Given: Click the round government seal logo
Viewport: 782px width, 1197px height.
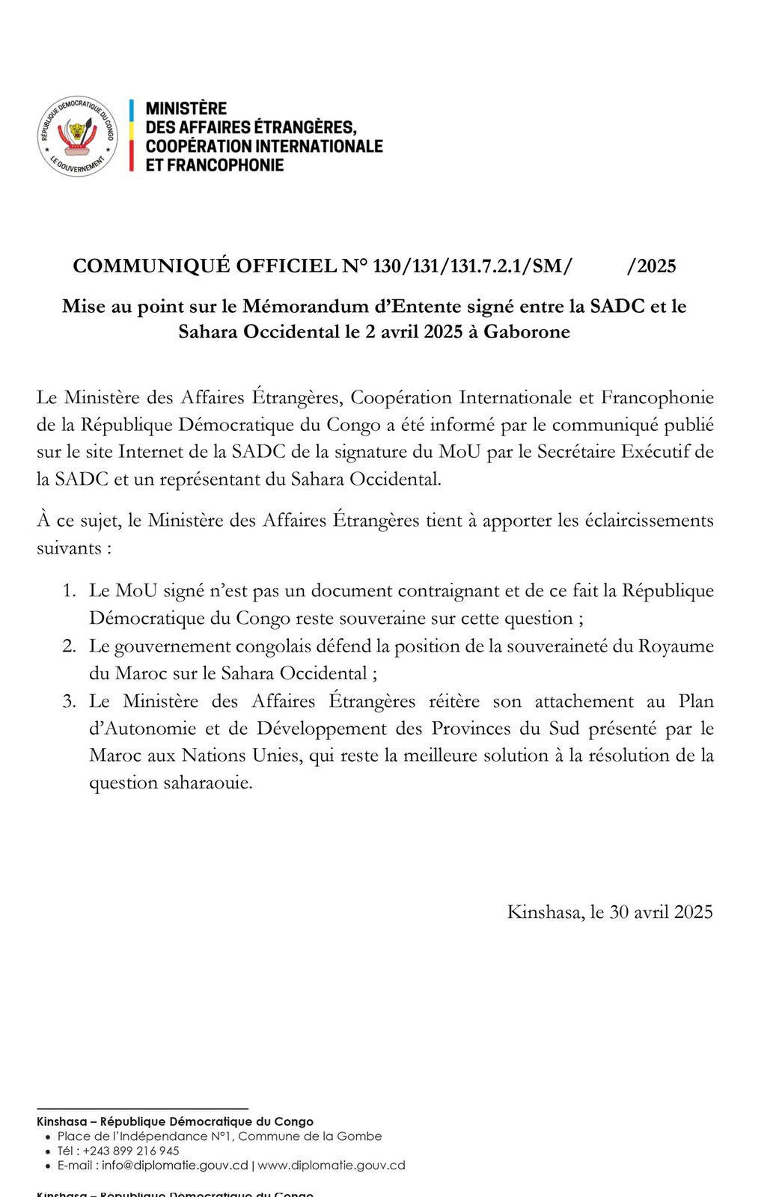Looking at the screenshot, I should (x=78, y=136).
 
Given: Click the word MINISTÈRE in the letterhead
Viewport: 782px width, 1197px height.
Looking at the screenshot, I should (x=186, y=108).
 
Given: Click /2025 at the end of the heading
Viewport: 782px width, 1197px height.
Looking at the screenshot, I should (x=651, y=266).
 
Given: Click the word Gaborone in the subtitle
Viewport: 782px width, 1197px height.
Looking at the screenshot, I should (x=527, y=331).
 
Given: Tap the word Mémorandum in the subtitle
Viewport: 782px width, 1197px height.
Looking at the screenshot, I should (x=293, y=306).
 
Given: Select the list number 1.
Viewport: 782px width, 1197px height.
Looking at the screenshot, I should (x=69, y=591).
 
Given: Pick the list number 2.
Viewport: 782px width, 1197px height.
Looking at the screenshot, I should (x=69, y=646).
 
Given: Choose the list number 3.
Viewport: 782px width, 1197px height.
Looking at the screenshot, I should (x=69, y=702).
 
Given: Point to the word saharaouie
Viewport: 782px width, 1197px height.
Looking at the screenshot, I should (x=208, y=783).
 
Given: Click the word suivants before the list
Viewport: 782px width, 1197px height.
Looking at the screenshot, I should (x=70, y=548).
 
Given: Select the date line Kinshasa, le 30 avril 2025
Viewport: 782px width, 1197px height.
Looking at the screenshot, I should (x=610, y=912).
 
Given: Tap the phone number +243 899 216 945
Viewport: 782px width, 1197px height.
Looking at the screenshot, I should (x=131, y=1151).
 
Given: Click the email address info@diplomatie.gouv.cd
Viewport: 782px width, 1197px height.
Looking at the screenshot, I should (x=175, y=1165).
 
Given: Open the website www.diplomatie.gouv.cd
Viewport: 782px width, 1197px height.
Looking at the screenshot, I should (x=332, y=1165).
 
